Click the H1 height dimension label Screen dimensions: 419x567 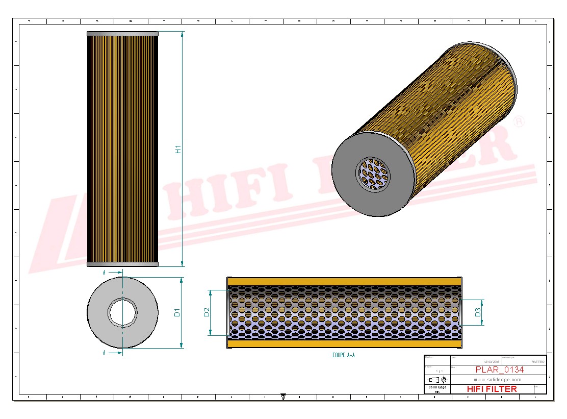[x=178, y=149]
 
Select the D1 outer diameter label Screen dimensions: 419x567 [x=177, y=312]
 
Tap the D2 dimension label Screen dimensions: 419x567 [x=207, y=312]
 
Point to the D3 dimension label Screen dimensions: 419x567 [x=478, y=312]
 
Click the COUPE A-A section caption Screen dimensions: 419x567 [x=343, y=355]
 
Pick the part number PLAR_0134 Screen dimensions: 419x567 [x=499, y=370]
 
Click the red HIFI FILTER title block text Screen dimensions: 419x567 [x=492, y=389]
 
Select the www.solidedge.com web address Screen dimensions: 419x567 [x=497, y=380]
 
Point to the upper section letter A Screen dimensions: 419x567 [x=104, y=273]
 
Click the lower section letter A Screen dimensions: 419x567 [x=104, y=352]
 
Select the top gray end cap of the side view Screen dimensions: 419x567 [x=122, y=34]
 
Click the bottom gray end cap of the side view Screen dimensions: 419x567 [x=122, y=264]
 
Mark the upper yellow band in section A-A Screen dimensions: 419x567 [x=344, y=282]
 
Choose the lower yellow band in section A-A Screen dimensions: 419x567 [x=344, y=344]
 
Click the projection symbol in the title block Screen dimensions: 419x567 [x=437, y=380]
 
